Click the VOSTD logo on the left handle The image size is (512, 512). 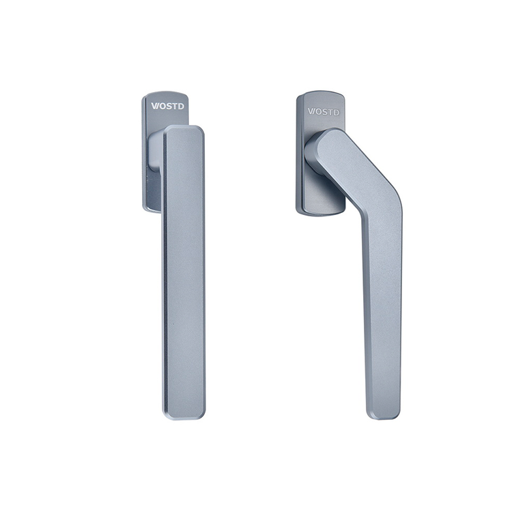point(167,106)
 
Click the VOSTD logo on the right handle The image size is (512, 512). point(324,112)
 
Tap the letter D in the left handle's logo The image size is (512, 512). point(181,106)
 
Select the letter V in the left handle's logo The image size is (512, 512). point(154,106)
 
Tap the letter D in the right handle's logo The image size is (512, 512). point(336,113)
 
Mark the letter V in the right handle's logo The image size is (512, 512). point(311,111)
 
